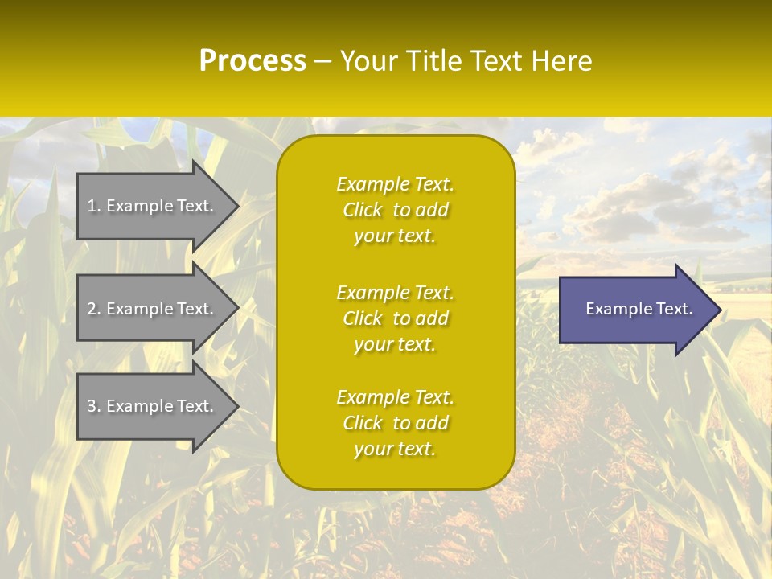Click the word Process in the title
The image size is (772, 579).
tap(253, 61)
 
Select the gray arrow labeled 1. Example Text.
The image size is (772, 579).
tap(153, 206)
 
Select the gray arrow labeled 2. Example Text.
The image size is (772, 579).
tap(153, 309)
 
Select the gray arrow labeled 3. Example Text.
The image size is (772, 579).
tap(153, 406)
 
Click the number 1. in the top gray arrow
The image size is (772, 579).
tap(94, 206)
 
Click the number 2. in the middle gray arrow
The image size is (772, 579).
tap(94, 309)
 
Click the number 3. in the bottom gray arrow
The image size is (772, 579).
tap(94, 406)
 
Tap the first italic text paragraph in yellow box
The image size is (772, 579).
tap(395, 210)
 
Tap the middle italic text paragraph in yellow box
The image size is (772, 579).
tap(395, 318)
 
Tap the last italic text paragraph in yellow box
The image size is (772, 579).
tap(395, 423)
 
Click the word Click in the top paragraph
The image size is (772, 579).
tap(362, 210)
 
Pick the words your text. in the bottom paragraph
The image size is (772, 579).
tap(395, 449)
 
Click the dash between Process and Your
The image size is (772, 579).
tap(322, 62)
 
